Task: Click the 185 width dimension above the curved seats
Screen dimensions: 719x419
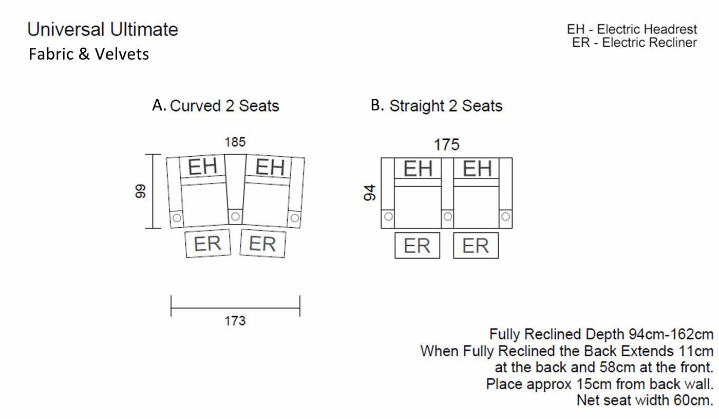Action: [235, 142]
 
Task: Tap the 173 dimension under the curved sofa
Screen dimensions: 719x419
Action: [235, 321]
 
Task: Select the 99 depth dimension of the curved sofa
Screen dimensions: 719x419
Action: [140, 191]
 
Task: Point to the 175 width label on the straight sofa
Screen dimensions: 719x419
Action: [446, 144]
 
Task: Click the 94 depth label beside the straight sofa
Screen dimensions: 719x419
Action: [369, 193]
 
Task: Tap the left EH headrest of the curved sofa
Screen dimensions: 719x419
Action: [202, 166]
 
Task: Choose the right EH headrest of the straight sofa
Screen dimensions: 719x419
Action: [477, 168]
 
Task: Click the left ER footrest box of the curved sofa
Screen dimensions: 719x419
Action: [208, 243]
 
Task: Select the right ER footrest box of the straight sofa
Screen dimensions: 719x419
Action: [476, 246]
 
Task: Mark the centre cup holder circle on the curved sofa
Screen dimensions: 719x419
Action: [235, 216]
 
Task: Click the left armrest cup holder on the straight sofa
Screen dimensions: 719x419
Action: [388, 216]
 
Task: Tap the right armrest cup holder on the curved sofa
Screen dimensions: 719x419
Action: [295, 218]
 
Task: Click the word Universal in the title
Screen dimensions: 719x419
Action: [66, 30]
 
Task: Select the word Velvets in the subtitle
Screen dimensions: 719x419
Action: [122, 54]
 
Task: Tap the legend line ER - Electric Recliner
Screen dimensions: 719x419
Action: [634, 42]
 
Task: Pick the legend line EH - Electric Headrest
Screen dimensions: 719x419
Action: [632, 29]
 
